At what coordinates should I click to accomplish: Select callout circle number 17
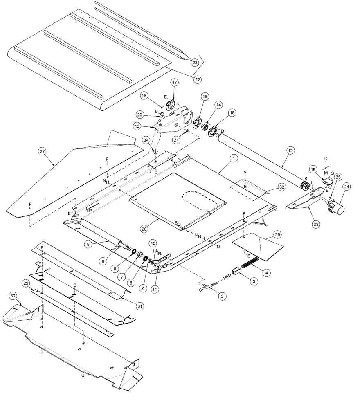point(175,83)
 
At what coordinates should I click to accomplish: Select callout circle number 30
point(13,295)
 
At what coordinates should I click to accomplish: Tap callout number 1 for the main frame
point(233,157)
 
